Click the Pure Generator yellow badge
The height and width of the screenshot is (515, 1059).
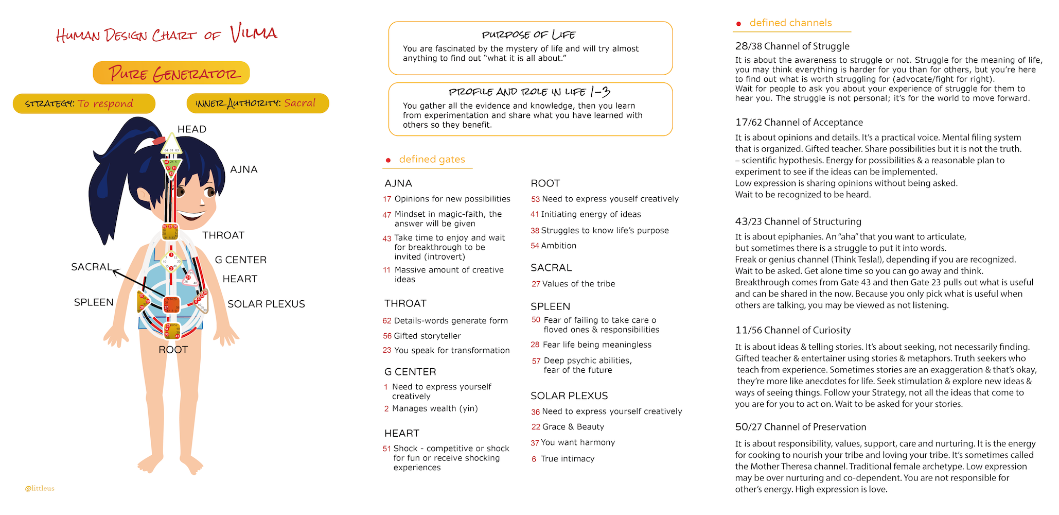[x=171, y=73]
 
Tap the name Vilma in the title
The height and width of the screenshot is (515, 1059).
[x=254, y=33]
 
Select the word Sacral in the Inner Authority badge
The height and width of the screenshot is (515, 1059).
[x=299, y=103]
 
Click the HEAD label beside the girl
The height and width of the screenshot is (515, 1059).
[x=192, y=129]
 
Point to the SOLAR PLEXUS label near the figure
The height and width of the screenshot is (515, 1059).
[x=266, y=304]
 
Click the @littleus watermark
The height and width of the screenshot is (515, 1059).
[x=40, y=488]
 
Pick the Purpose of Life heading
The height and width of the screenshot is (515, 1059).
[x=528, y=35]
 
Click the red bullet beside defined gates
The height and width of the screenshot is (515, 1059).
[x=389, y=160]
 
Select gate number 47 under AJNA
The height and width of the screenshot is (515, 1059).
[x=387, y=215]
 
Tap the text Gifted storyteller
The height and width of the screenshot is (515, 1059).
[x=427, y=336]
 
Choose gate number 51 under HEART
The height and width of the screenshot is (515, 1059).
[x=387, y=449]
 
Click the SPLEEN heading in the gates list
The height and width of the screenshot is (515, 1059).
[x=550, y=306]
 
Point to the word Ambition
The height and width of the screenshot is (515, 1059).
[x=558, y=246]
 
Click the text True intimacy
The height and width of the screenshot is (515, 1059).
[x=567, y=459]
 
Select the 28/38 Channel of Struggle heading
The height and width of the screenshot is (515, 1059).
[x=792, y=46]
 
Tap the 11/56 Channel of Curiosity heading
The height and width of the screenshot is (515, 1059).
[x=792, y=330]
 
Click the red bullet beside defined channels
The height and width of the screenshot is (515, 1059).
[x=739, y=24]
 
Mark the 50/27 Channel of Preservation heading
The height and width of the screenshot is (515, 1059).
[x=800, y=427]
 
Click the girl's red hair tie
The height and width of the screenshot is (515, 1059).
[x=159, y=140]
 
